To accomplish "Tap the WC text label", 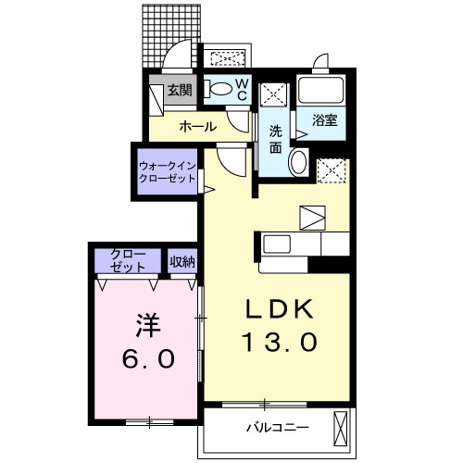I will tap(240, 89).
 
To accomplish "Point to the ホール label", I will tap(198, 126).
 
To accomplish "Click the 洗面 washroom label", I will tap(276, 139).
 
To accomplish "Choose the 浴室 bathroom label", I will tap(323, 120).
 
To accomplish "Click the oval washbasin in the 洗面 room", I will tap(298, 163).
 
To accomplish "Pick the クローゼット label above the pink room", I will tap(128, 259).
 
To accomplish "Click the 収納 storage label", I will tap(182, 260).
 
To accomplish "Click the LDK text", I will tap(280, 309).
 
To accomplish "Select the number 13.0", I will tap(280, 342).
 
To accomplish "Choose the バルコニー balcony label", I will tap(276, 428).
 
